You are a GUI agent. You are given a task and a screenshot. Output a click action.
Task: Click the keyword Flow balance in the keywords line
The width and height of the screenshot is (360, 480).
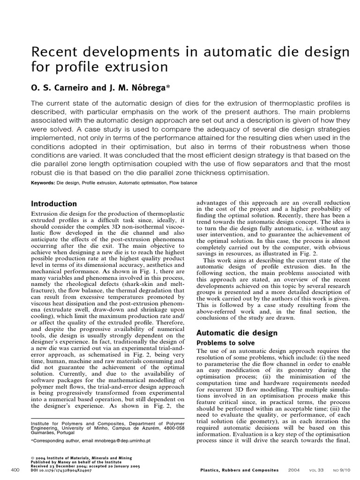(x=183, y=183)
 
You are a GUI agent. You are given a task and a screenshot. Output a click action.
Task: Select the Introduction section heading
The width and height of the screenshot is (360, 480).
(x=53, y=204)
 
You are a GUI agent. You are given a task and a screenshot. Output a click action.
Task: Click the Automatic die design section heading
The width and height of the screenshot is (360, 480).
(x=237, y=333)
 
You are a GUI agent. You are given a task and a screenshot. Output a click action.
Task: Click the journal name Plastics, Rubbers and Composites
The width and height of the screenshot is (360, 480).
(x=239, y=470)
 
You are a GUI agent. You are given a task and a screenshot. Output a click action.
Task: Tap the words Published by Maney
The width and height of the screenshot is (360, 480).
(x=54, y=462)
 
